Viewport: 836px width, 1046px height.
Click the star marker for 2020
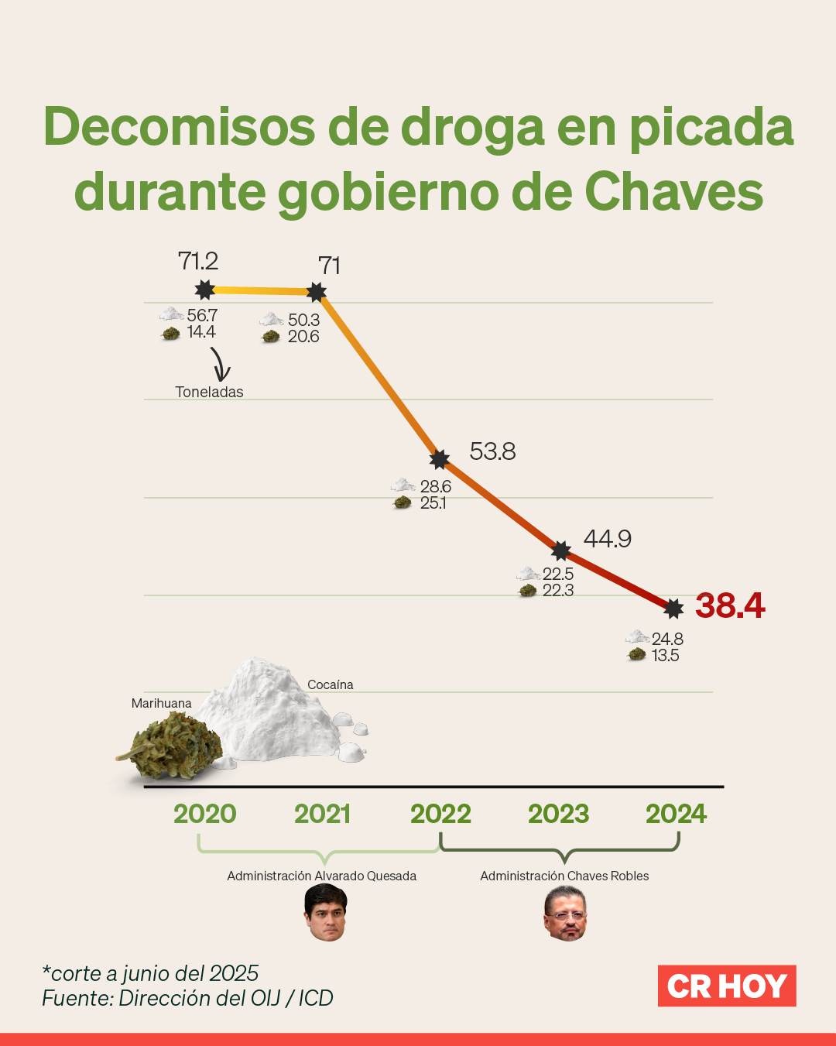[x=204, y=290]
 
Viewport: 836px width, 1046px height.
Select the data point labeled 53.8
[x=440, y=459]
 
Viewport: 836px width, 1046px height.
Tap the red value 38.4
[x=730, y=605]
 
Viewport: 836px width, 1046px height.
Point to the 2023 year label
[x=558, y=814]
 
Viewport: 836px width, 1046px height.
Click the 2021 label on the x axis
[x=322, y=814]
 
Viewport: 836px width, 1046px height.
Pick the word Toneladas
[x=209, y=392]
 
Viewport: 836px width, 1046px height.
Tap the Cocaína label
[x=331, y=684]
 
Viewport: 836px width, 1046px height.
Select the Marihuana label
[x=161, y=703]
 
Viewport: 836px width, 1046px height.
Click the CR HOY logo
[x=727, y=986]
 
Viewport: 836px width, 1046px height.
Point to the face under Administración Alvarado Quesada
[x=326, y=913]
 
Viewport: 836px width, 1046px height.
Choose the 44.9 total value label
[x=607, y=539]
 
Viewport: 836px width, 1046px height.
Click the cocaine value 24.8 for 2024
[x=667, y=639]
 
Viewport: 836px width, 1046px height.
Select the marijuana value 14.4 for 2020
[x=201, y=332]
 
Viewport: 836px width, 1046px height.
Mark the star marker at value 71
[x=316, y=293]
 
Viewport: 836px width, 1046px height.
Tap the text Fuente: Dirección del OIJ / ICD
[x=187, y=998]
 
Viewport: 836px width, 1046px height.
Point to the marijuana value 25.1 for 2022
[x=433, y=503]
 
